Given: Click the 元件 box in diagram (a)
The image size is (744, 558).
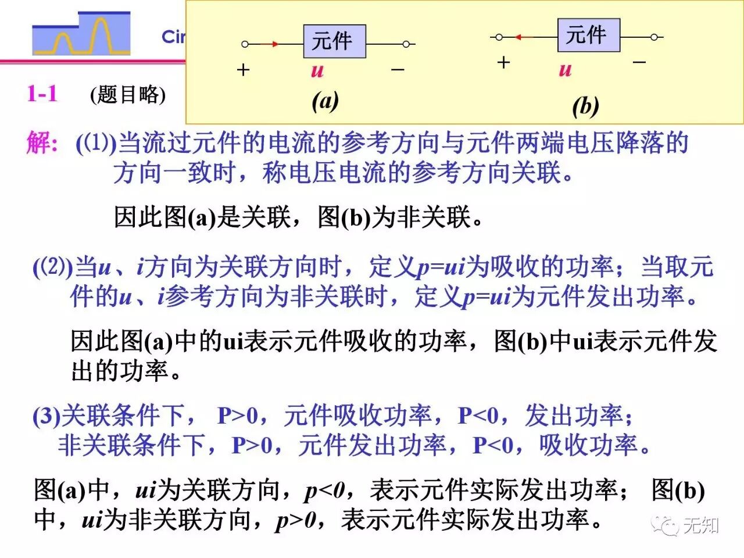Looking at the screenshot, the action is (334, 41).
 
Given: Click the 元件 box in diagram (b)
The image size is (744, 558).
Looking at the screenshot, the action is (588, 35).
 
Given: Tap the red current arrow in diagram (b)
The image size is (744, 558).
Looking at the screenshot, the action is (523, 37).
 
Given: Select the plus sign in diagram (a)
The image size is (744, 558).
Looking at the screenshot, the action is (244, 70).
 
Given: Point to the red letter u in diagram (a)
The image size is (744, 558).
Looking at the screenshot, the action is (317, 71).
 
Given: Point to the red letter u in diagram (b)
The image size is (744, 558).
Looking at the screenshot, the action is (565, 70).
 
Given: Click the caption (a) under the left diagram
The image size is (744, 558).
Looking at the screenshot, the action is (325, 101).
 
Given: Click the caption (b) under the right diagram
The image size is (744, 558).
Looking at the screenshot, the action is (585, 106).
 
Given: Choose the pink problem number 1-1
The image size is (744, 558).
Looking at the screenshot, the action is (42, 93).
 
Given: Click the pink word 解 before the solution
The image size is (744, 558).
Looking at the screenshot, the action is (42, 142).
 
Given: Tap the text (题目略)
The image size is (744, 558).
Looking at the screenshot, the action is (128, 94).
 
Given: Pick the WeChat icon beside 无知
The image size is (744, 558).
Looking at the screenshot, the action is (665, 525).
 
